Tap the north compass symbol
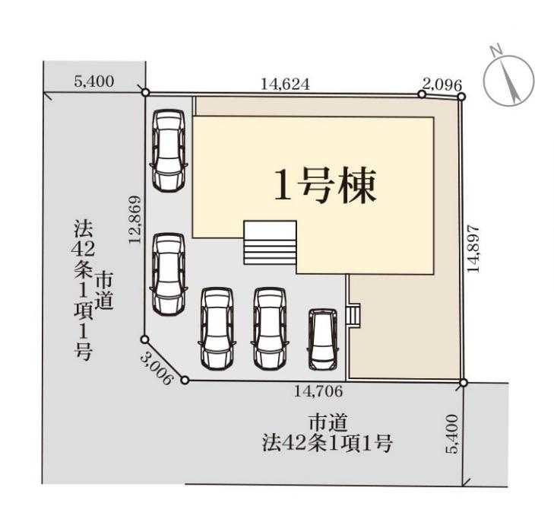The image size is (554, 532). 508,79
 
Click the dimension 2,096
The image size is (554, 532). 442,85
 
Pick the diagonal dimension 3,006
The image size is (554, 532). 158,367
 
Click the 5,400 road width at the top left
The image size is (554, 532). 94,81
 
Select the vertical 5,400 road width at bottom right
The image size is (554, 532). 454,435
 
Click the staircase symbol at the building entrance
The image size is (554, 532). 270,242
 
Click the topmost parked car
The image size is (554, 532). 168,150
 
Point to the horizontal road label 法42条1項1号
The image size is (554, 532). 328,443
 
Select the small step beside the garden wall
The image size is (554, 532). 353,314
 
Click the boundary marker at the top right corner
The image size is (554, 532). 461,97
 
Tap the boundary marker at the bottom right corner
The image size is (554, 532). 463,382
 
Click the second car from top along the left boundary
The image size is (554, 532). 168,272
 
